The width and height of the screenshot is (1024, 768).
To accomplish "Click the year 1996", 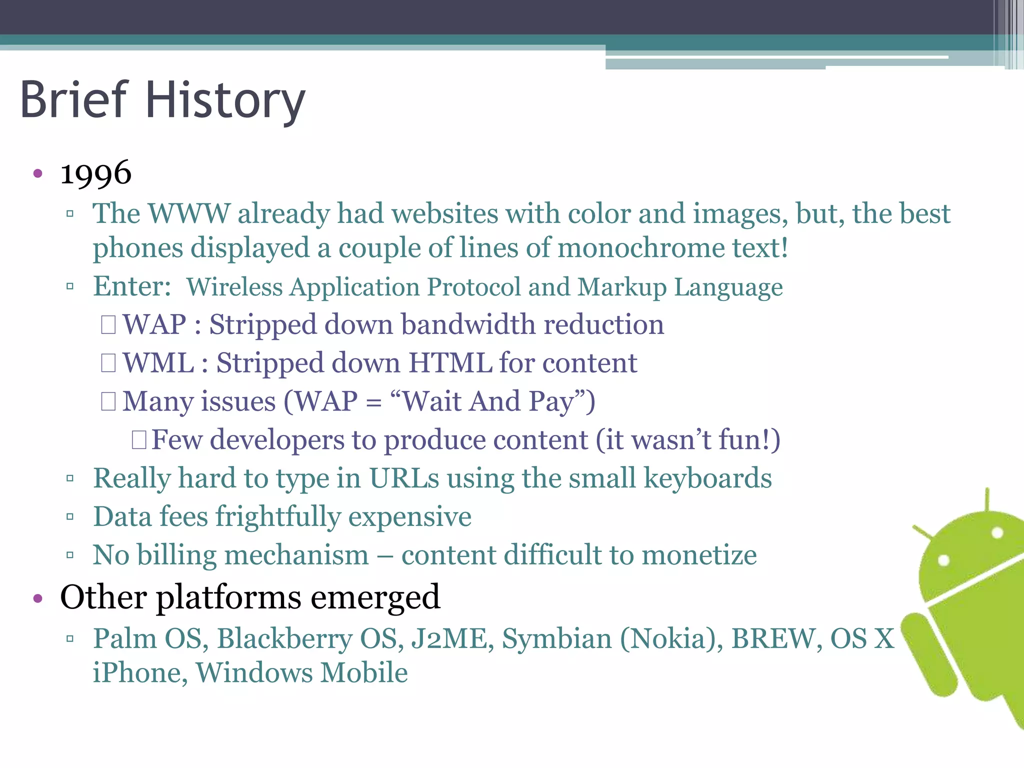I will pos(96,173).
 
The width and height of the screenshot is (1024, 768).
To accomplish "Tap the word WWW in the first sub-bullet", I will pos(189,213).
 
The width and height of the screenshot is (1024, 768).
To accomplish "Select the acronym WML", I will pos(158,363).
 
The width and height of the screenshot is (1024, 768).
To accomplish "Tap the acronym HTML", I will pos(450,363).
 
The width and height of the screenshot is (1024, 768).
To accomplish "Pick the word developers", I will pos(277,440).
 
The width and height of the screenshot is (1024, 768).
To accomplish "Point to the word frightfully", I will pos(278,517).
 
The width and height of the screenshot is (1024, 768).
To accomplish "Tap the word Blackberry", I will pos(285,638).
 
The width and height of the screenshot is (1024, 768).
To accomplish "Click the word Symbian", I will pos(557,638).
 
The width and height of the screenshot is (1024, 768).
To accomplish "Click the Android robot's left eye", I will pos(943,560).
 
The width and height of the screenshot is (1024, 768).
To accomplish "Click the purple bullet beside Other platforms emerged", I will pos(38,598).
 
